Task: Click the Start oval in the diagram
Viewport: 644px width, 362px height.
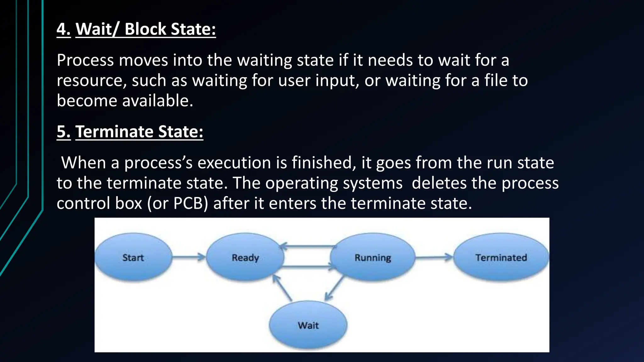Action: coord(133,257)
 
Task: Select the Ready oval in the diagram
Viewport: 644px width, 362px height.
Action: coord(245,257)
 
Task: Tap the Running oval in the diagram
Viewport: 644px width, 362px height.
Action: coord(373,257)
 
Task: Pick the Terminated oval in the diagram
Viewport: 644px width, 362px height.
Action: coord(501,257)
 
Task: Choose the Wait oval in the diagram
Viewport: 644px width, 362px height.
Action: coord(308,325)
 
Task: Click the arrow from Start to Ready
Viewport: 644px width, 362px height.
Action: coord(189,257)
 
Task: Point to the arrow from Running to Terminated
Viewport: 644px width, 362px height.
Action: coord(434,257)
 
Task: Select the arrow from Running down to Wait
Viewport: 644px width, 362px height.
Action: coord(335,288)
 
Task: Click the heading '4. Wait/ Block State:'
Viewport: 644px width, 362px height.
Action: coord(136,29)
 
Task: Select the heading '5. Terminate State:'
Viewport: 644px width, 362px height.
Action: coord(130,131)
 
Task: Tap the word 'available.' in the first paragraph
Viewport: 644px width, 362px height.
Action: coord(158,101)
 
